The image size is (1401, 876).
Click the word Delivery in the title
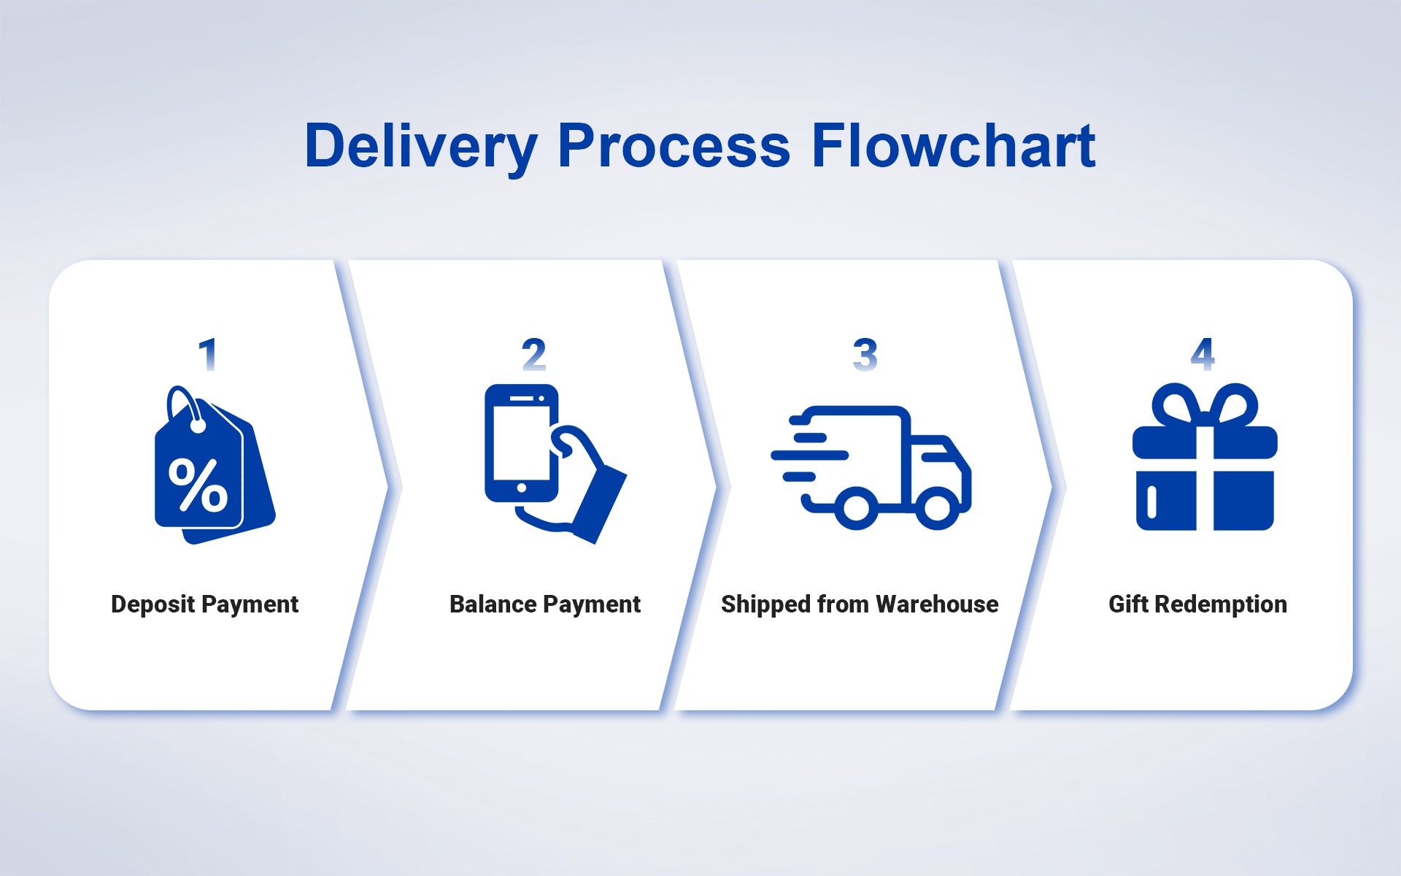click(x=421, y=147)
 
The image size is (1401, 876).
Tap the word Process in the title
click(x=674, y=147)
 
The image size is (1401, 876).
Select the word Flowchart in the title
click(x=953, y=147)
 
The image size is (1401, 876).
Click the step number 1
click(x=208, y=355)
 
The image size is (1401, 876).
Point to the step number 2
click(x=533, y=355)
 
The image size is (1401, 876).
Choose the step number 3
click(x=865, y=355)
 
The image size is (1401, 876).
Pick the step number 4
click(x=1202, y=355)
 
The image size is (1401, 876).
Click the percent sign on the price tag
click(x=198, y=485)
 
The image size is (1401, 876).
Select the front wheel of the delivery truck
click(x=937, y=508)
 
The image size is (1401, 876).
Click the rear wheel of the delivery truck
click(x=856, y=508)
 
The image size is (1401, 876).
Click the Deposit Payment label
click(x=204, y=604)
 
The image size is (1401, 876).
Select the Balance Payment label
click(x=544, y=604)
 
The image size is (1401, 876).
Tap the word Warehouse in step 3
click(x=937, y=604)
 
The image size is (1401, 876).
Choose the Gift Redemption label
click(x=1197, y=604)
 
